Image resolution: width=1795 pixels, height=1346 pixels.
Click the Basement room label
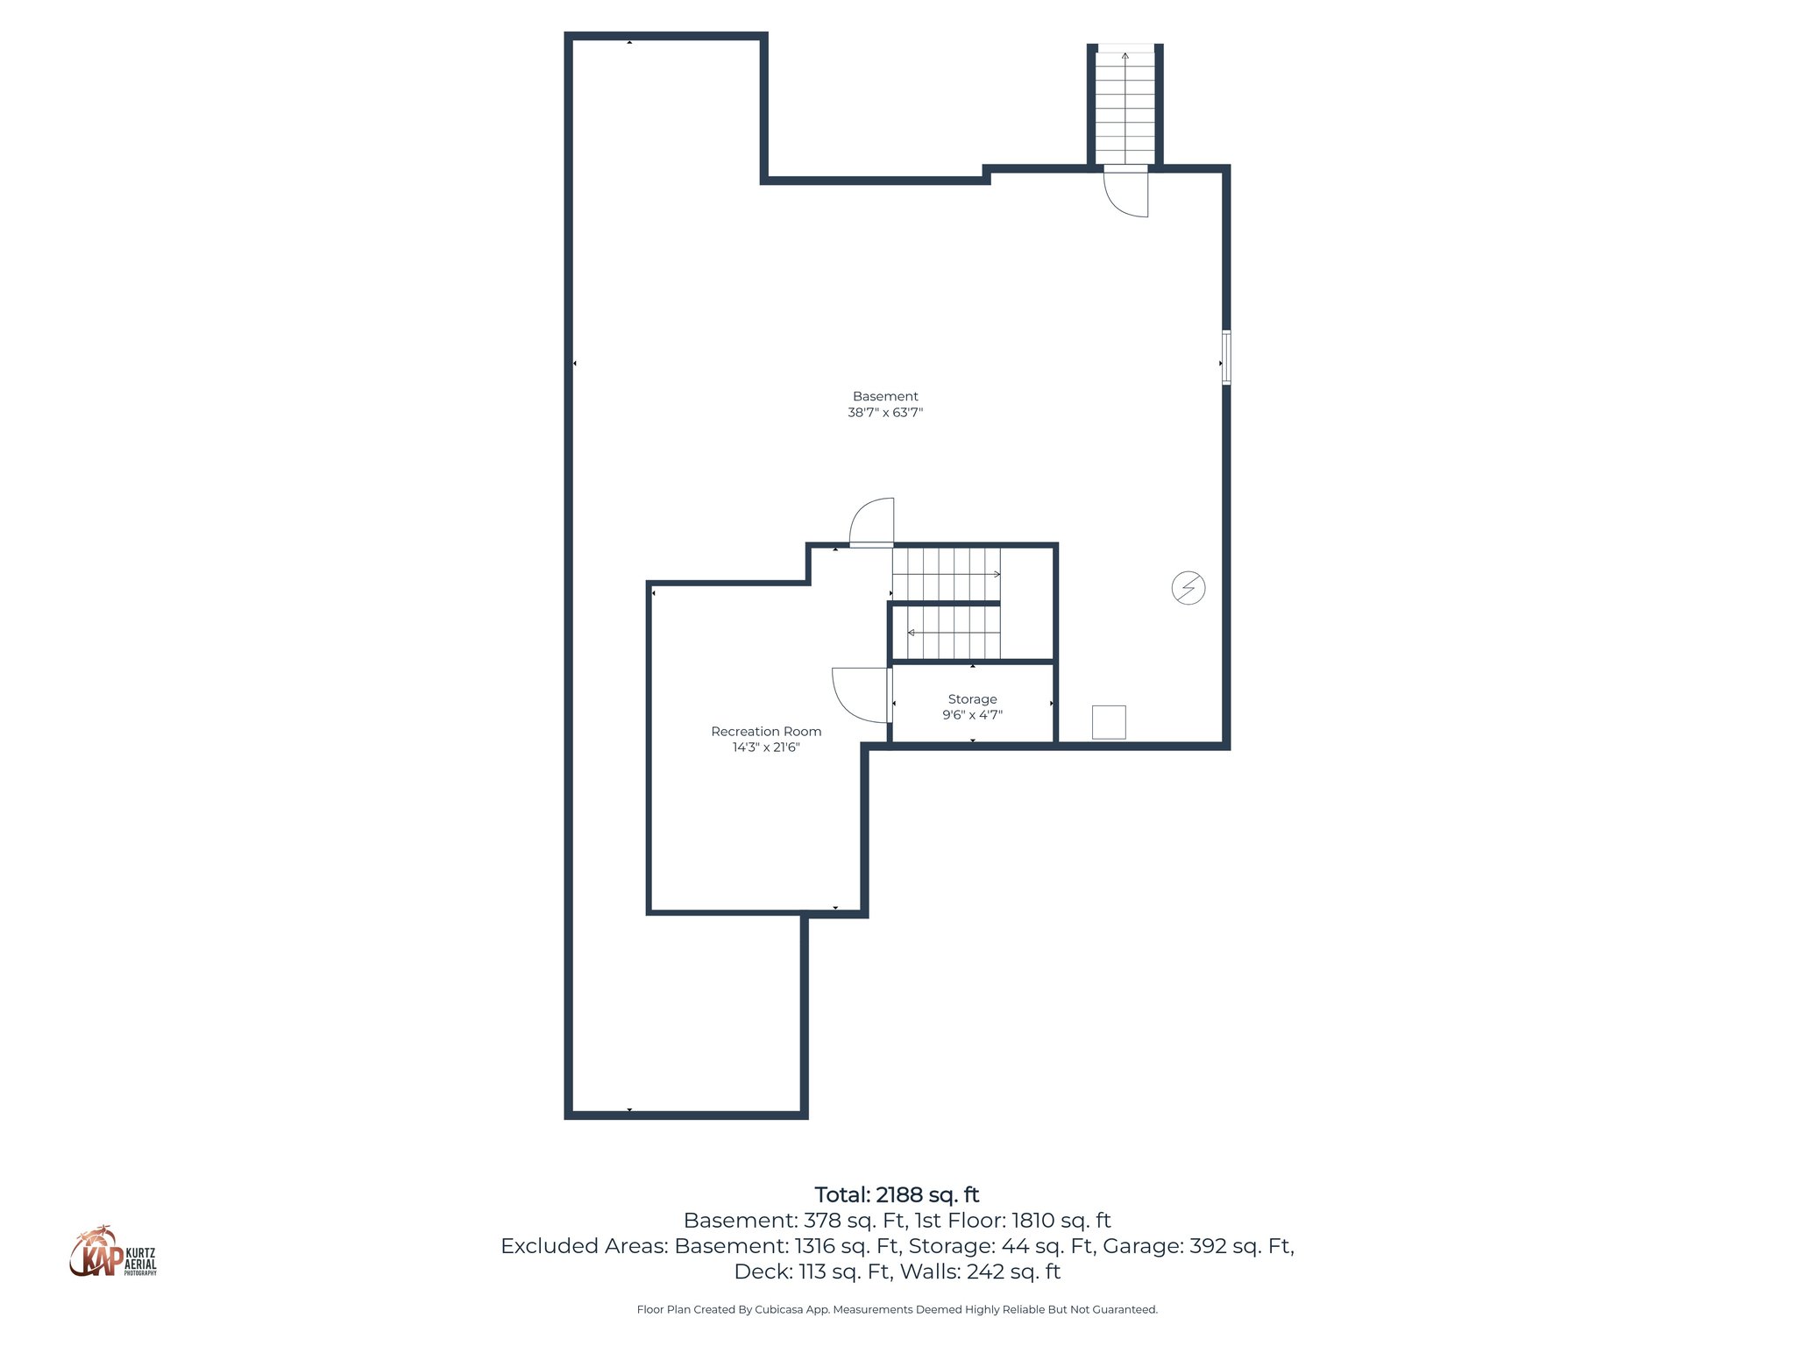click(x=885, y=396)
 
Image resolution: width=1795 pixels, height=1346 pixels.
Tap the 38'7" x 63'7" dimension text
click(x=885, y=413)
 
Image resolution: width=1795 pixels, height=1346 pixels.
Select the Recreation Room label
click(x=766, y=732)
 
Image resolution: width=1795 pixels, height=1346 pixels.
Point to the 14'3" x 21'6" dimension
click(x=766, y=747)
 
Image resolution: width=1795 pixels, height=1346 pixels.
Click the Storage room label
click(x=972, y=699)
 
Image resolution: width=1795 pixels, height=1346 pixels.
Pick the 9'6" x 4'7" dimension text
click(x=972, y=715)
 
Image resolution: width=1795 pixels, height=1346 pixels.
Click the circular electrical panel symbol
click(x=1188, y=588)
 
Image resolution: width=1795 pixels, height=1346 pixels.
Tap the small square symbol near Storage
click(x=1109, y=722)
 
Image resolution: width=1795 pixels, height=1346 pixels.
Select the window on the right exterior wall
click(x=1226, y=358)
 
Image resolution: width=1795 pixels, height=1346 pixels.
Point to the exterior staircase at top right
click(x=1125, y=105)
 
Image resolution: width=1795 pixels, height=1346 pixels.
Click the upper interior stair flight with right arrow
click(x=947, y=574)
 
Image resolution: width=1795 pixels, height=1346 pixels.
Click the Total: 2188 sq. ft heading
click(x=897, y=1195)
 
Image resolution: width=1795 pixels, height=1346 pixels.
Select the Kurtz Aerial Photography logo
click(x=113, y=1252)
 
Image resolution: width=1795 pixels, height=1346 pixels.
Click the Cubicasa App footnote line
click(x=897, y=1310)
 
